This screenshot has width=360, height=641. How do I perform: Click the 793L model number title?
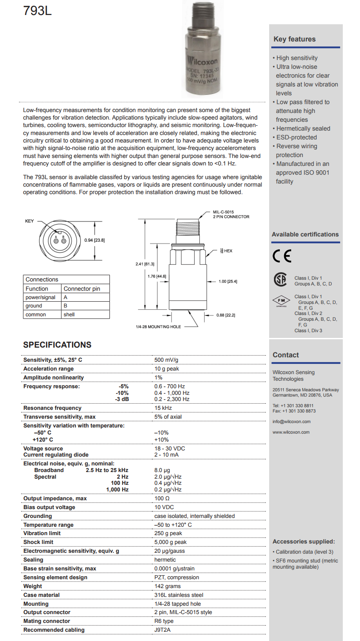click(x=37, y=11)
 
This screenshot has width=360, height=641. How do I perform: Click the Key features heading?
click(x=294, y=39)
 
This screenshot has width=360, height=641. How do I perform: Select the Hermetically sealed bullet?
click(x=303, y=128)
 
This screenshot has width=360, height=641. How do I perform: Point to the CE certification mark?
click(x=282, y=257)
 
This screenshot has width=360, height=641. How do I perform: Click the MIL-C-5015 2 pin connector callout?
click(x=231, y=214)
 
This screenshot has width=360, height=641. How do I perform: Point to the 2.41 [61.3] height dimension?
click(x=145, y=264)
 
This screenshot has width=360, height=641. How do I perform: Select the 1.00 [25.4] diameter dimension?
click(x=228, y=281)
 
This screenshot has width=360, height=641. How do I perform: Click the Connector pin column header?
click(x=82, y=289)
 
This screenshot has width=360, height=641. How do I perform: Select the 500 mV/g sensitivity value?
click(x=167, y=360)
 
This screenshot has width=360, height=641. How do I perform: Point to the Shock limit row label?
click(x=39, y=542)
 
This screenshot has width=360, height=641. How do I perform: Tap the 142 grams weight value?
click(x=167, y=586)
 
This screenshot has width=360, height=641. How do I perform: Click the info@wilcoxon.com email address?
click(x=291, y=422)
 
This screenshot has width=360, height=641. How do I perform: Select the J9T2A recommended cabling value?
click(x=162, y=630)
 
